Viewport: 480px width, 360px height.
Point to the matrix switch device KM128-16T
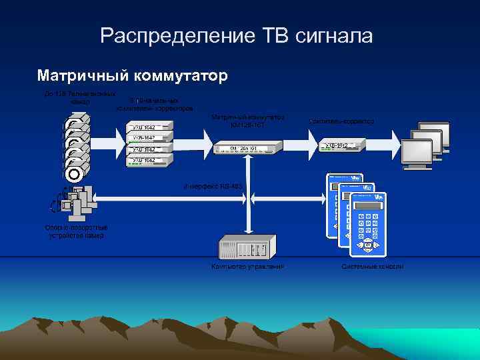[x=247, y=147]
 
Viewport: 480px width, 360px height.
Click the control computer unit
[x=247, y=248]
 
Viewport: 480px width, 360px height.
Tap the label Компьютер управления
[x=247, y=267]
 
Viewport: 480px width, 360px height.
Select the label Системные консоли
[x=372, y=267]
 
